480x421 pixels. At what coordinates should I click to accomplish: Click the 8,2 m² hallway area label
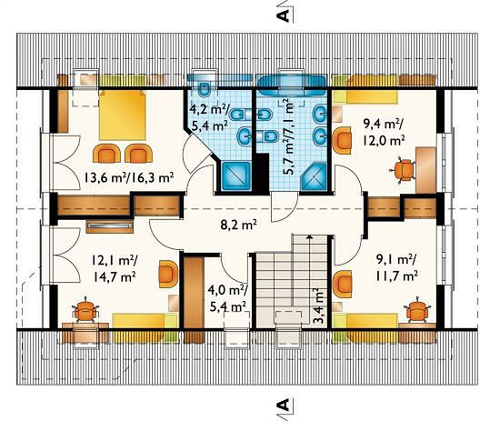pos(238,226)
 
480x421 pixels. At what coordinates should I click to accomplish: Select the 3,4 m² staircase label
pos(319,306)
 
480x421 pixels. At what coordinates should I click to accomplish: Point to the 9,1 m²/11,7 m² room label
pos(396,268)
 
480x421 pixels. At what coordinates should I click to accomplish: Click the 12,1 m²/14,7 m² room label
pos(114,269)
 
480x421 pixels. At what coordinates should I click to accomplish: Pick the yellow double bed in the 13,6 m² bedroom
pos(122,115)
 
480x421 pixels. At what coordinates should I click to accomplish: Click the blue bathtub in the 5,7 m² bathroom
pos(291,85)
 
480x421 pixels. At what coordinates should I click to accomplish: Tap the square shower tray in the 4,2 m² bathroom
pos(236,176)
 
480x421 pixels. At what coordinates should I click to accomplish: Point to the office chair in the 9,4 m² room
pos(403,170)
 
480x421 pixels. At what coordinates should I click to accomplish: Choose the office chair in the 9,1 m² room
pos(418,309)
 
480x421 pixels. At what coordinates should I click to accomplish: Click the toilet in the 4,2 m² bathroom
pos(204,88)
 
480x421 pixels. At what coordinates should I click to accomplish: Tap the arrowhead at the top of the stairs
pos(310,236)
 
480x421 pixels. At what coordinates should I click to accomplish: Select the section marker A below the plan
pos(284,405)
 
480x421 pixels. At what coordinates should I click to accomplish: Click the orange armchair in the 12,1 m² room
pos(169,274)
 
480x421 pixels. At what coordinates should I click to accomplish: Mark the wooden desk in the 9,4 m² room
pos(425,170)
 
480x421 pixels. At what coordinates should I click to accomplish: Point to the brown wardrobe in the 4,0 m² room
pos(194,294)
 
